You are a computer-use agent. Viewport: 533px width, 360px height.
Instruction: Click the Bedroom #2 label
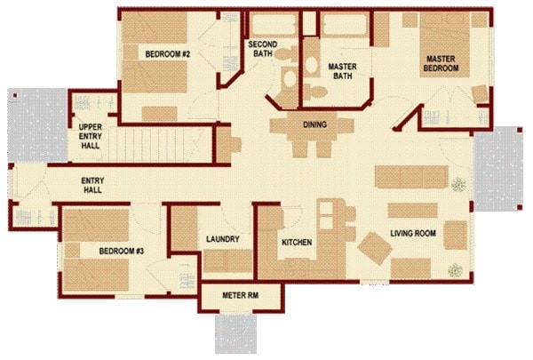click(x=167, y=54)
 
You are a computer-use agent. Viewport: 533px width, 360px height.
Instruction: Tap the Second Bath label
click(x=263, y=49)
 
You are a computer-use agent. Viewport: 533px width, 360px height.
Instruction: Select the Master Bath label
click(x=342, y=71)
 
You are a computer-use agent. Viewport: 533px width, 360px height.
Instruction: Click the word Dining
click(x=316, y=124)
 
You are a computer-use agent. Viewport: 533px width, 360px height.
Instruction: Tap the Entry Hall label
click(x=94, y=186)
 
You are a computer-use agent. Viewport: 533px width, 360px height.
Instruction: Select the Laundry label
click(x=220, y=240)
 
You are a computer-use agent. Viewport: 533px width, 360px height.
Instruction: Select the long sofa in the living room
click(x=410, y=177)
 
